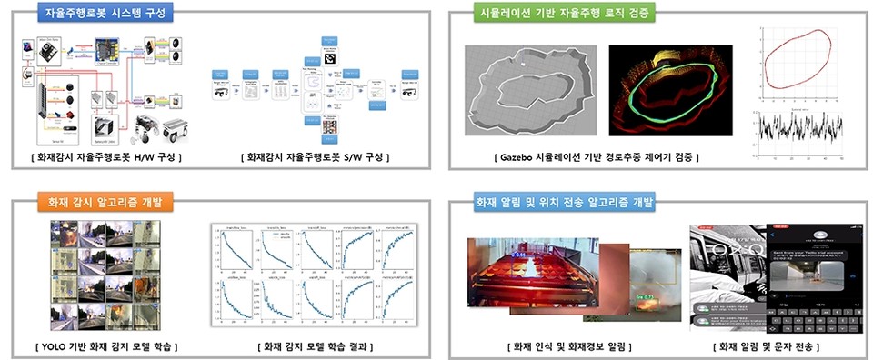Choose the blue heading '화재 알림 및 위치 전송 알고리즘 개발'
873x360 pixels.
click(564, 202)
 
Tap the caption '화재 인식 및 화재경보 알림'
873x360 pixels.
click(569, 346)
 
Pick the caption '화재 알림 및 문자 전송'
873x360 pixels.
click(773, 346)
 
